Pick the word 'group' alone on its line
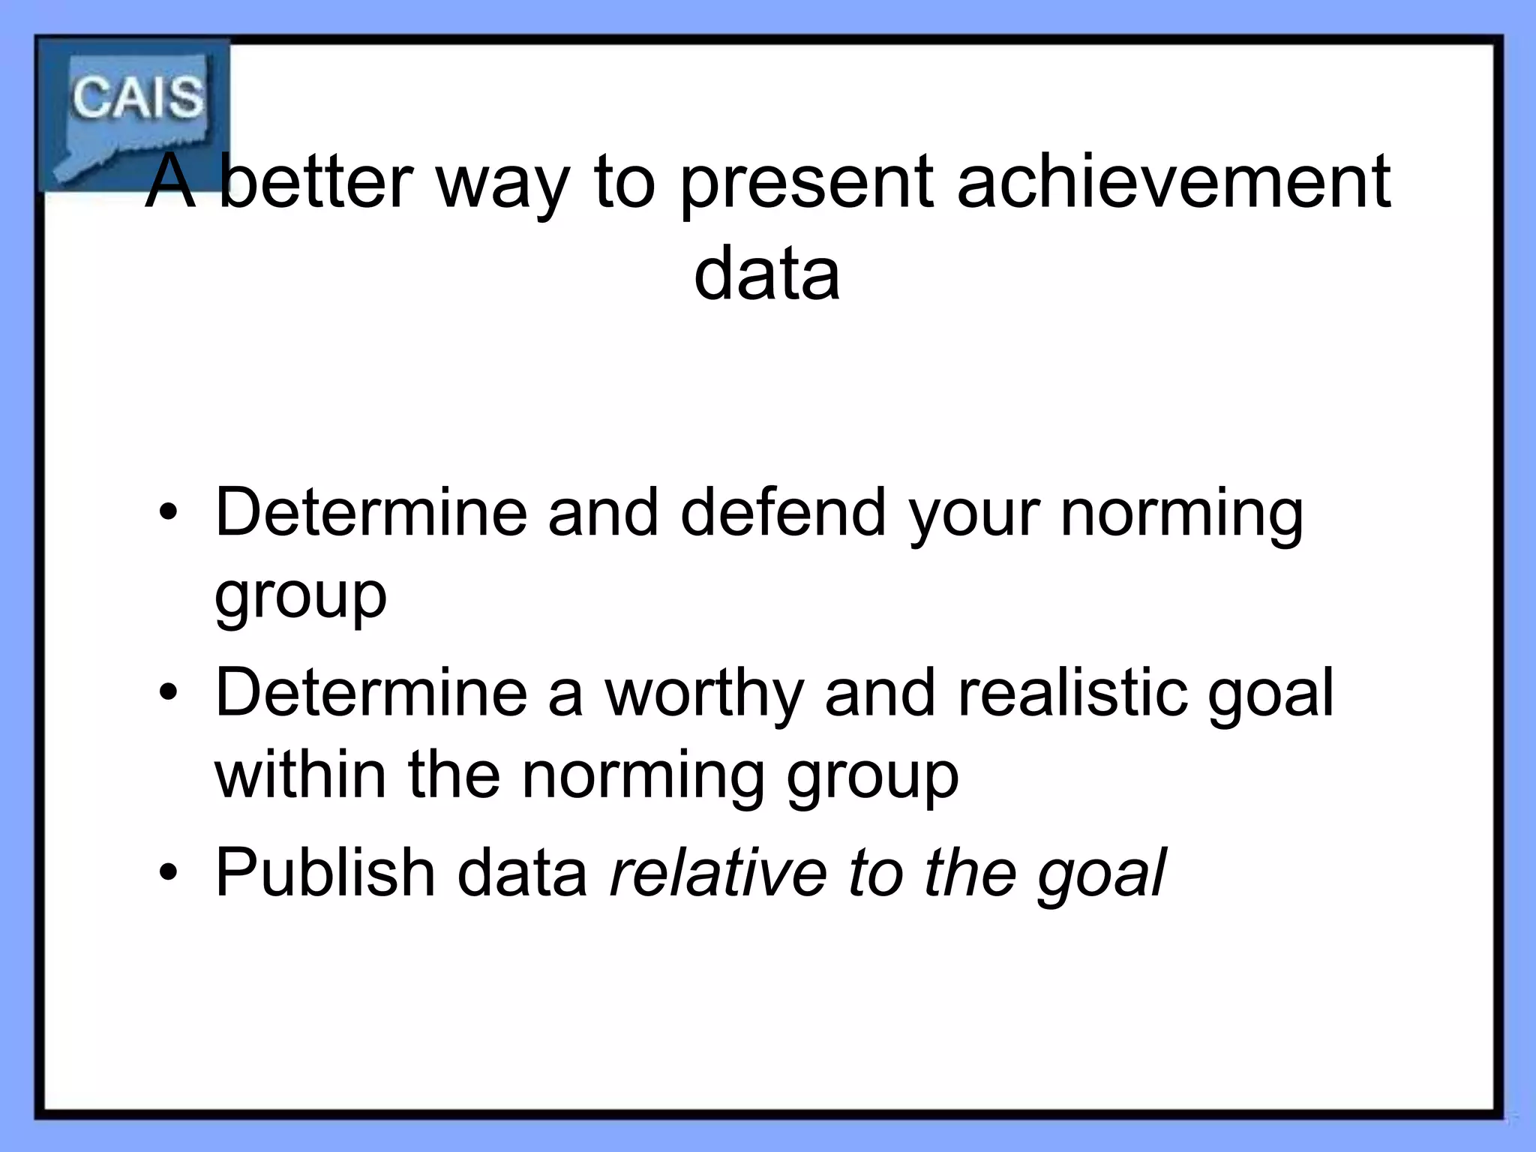[301, 596]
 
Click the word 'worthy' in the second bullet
[704, 694]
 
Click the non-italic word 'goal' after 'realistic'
[1270, 695]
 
